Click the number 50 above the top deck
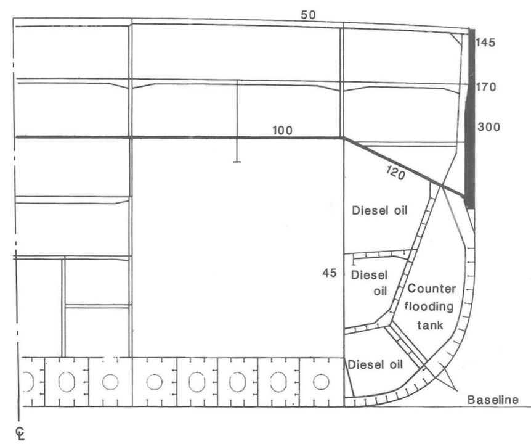point(308,15)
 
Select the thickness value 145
point(485,43)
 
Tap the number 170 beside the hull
point(486,88)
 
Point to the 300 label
point(488,127)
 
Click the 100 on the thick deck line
point(282,131)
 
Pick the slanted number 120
point(395,173)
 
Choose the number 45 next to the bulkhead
point(330,273)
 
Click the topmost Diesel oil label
point(379,210)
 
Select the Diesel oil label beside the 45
point(370,283)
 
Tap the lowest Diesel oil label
point(376,364)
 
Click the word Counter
point(431,289)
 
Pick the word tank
point(430,326)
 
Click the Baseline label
point(493,400)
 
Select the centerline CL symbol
point(20,433)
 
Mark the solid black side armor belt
point(469,118)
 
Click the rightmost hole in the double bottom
point(321,382)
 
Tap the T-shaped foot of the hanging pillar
point(237,162)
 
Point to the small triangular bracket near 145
point(456,39)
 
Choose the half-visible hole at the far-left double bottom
point(30,382)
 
